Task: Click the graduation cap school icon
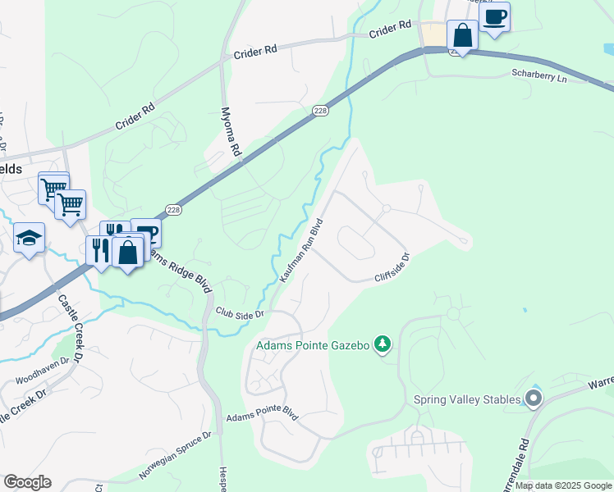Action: point(30,239)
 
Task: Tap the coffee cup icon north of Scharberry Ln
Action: point(494,16)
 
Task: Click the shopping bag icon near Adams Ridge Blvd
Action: point(128,252)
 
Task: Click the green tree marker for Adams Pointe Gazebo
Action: point(382,344)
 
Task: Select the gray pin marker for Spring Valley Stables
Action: point(534,399)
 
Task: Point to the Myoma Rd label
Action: point(231,131)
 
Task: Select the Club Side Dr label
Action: point(240,313)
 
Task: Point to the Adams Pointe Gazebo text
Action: point(312,345)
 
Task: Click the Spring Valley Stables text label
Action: point(467,399)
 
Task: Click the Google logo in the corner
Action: point(27,482)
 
